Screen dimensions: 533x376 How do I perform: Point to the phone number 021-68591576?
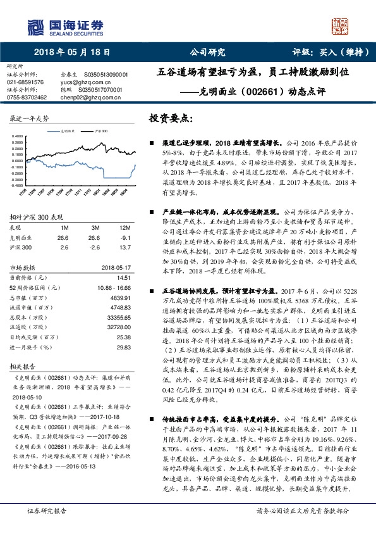tap(25, 82)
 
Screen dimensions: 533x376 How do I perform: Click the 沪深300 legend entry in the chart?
tap(99, 130)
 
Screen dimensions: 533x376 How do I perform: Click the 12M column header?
tap(124, 227)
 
